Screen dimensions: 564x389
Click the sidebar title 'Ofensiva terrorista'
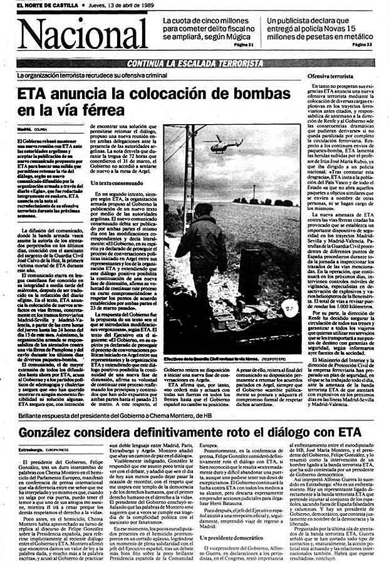pos(331,76)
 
